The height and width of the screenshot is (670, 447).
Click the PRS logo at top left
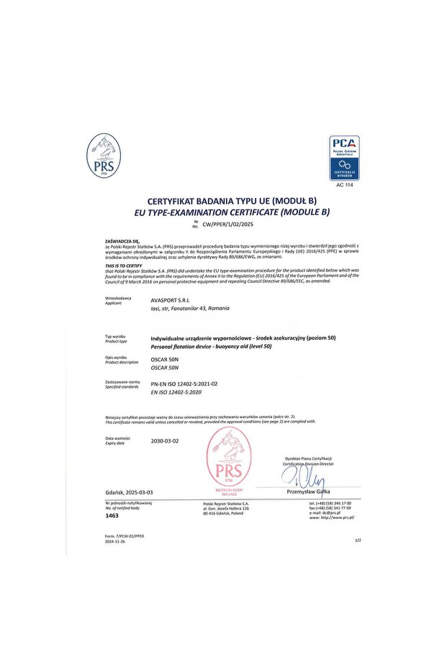pos(103,156)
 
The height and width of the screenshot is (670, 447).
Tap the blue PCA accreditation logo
pos(344,158)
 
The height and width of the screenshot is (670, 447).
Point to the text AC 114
pos(345,185)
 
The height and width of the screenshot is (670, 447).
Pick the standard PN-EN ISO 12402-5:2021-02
pos(184,384)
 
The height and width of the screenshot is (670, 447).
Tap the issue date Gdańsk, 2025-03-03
pos(129,492)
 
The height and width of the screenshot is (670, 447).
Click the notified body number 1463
pos(112,516)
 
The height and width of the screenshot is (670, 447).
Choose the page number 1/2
pos(358,540)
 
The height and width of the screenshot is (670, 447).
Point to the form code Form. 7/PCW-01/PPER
pos(125,537)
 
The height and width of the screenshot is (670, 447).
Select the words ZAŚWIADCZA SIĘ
pos(120,240)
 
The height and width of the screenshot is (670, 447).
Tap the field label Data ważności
pos(117,438)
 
